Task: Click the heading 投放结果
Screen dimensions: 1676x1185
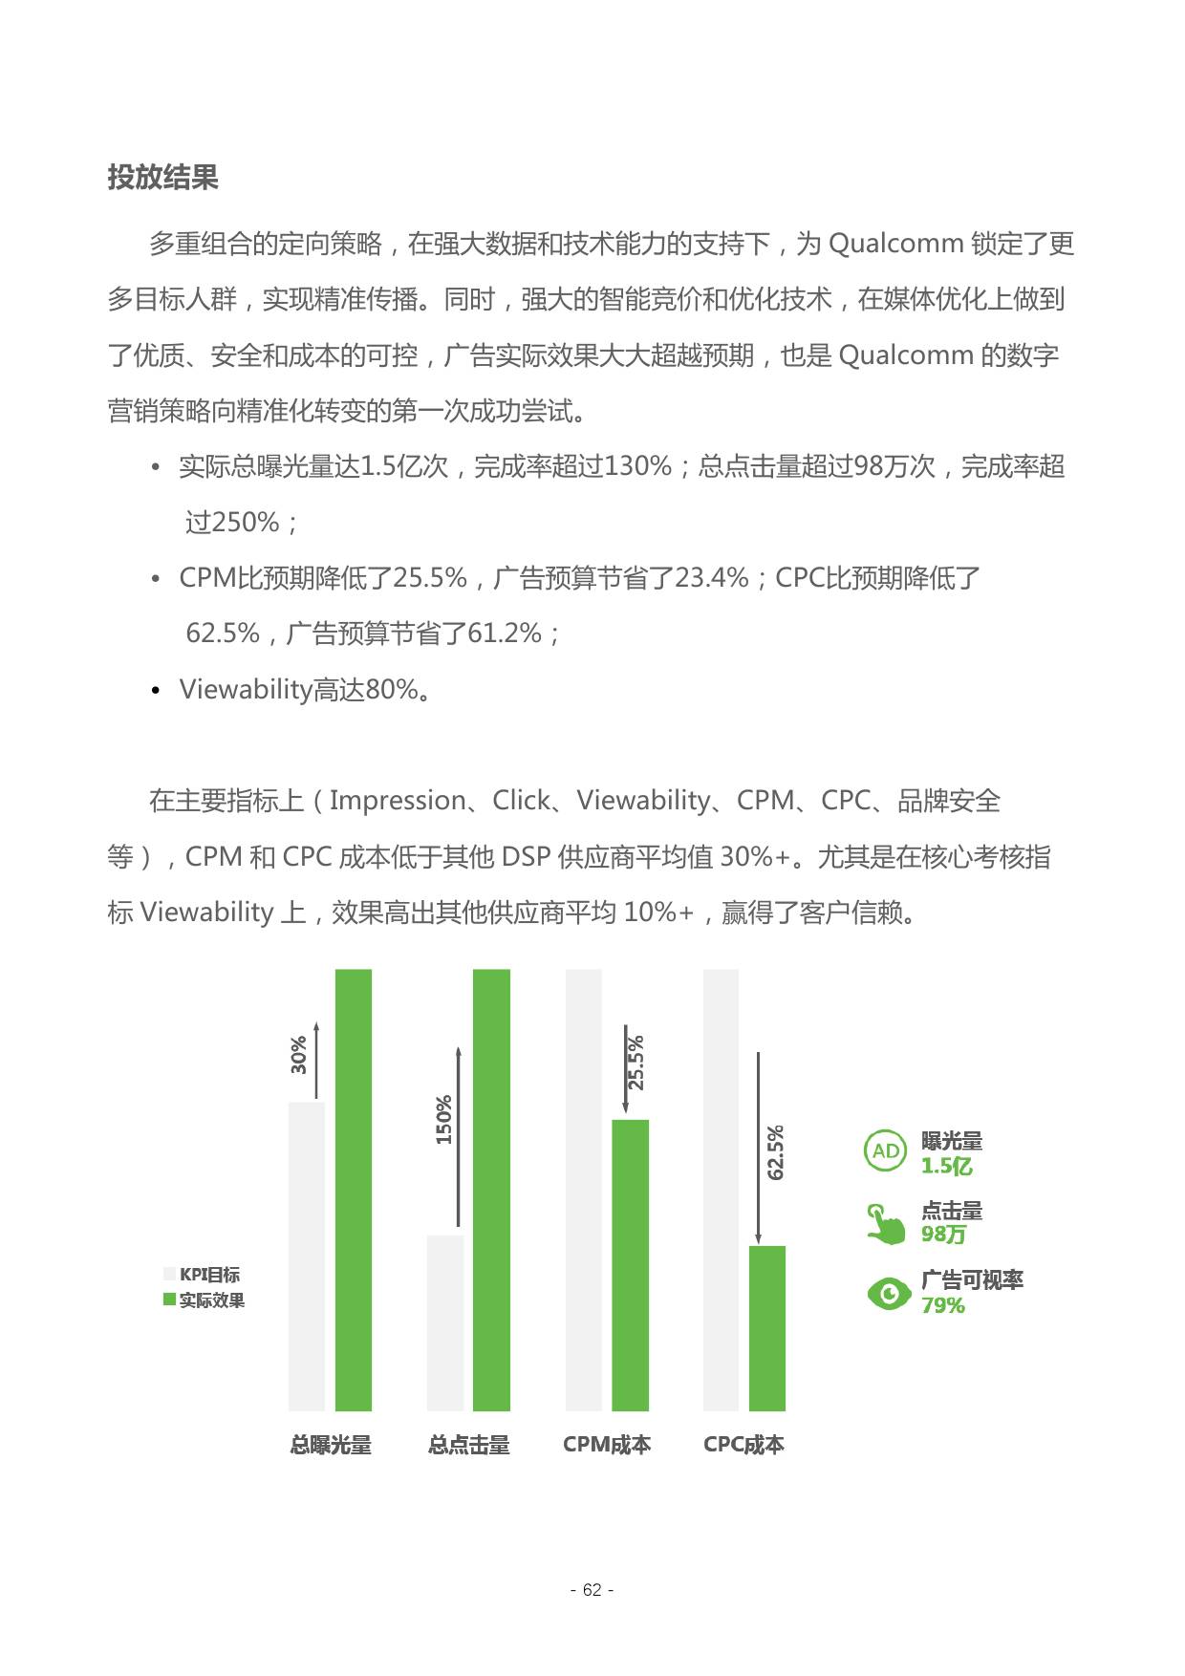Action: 162,178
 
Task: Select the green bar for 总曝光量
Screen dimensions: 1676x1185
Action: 353,1190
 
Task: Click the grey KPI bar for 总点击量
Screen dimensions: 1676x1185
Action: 445,1322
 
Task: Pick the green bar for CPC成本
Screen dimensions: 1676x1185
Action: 766,1327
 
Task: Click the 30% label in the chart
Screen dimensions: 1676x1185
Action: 298,1054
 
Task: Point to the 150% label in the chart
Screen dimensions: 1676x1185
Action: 443,1120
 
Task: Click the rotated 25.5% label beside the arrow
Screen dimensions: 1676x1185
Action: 636,1063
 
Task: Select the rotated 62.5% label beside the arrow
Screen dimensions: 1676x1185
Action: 775,1152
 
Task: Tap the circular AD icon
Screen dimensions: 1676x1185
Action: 886,1151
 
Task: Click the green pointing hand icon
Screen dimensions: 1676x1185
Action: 886,1224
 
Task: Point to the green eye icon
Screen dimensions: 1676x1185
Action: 889,1294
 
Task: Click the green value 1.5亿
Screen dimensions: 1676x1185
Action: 946,1167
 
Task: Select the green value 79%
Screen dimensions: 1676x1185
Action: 942,1306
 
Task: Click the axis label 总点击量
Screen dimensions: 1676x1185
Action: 468,1445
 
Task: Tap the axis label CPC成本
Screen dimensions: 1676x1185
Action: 743,1445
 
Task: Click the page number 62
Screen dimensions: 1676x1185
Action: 592,1590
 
